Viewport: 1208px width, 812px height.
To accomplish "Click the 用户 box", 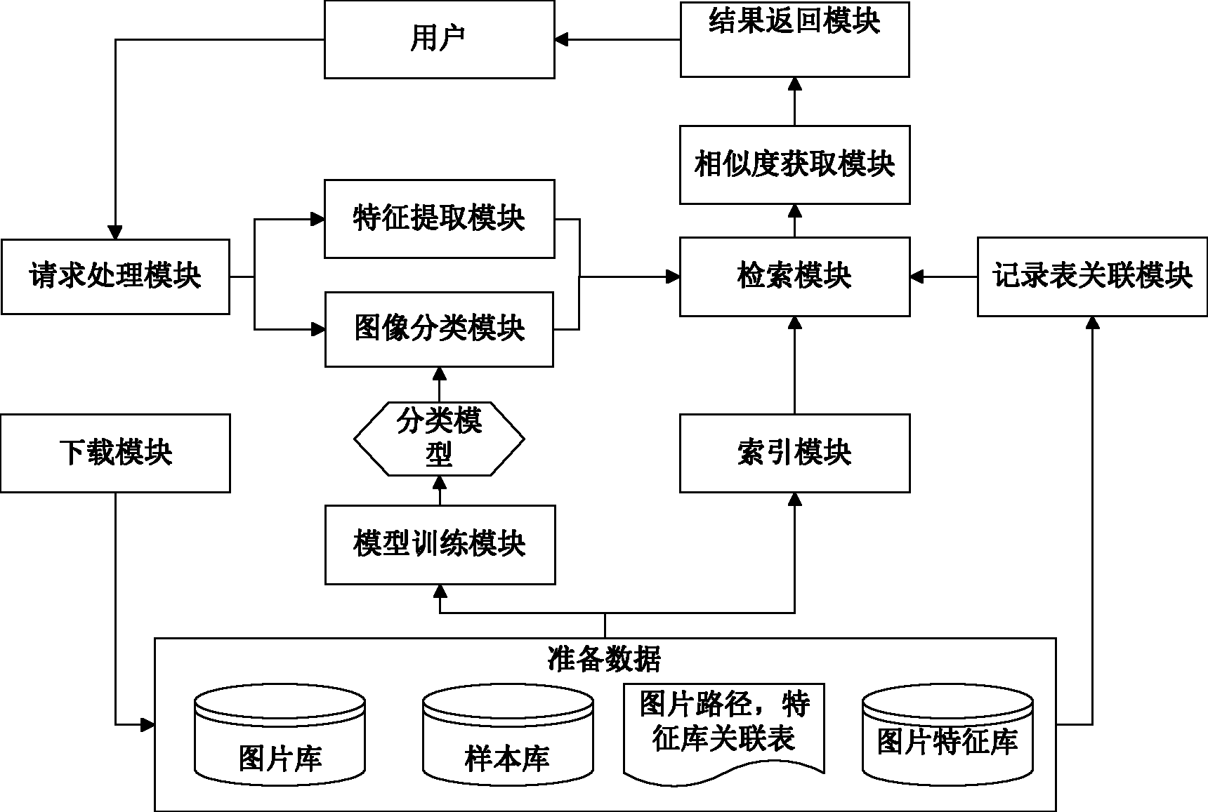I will (439, 39).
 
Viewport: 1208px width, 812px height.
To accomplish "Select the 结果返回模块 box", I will (794, 39).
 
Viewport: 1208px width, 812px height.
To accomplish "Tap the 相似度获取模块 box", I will (794, 165).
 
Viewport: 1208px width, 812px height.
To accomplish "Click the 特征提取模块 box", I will (439, 219).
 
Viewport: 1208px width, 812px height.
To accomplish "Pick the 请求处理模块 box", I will (115, 277).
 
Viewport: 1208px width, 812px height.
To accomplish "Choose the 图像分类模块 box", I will (439, 329).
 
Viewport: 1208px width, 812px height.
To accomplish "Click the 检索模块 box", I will (794, 277).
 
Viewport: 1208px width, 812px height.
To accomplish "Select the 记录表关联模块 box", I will (1092, 277).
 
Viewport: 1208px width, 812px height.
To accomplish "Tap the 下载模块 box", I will (115, 453).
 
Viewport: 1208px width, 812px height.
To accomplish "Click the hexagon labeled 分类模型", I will (439, 439).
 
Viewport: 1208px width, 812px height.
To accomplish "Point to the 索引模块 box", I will (794, 453).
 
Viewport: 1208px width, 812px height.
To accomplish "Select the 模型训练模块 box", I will (439, 545).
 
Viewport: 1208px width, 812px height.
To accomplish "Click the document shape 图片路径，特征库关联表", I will (723, 730).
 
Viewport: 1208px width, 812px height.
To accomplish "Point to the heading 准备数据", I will (604, 658).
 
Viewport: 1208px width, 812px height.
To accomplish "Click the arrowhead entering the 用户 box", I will (561, 39).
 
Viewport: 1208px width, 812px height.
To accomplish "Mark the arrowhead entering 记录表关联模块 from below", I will (1092, 322).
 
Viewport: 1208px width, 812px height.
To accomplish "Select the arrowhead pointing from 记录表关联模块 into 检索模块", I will (917, 277).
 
